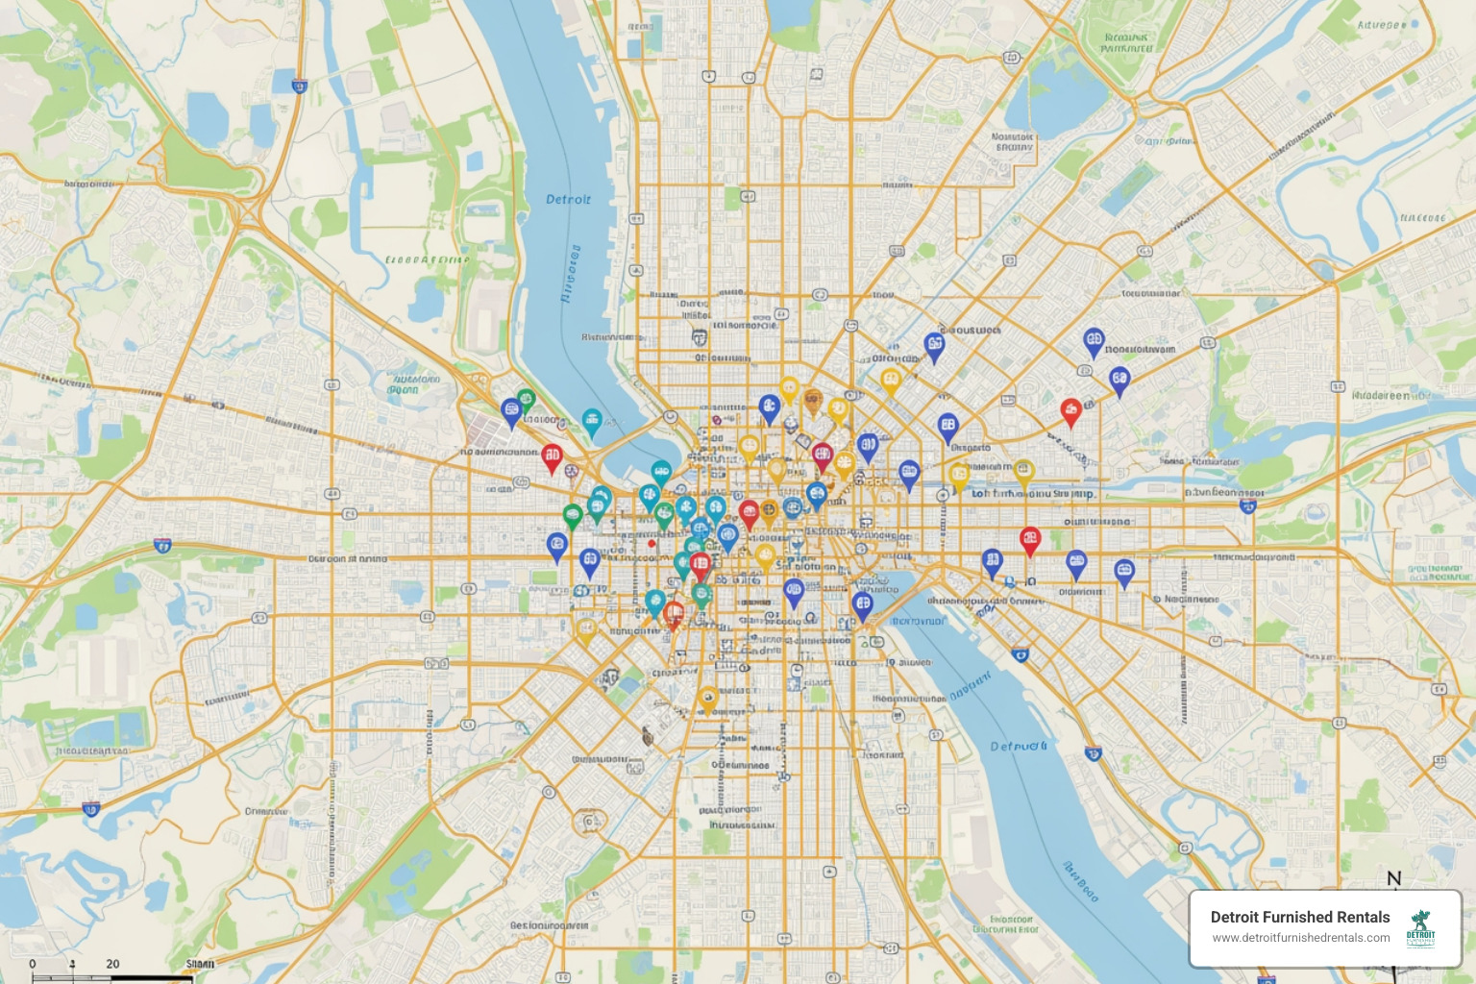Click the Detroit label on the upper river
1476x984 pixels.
[568, 199]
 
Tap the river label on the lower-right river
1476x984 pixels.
[1019, 746]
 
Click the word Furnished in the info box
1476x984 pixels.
[1299, 917]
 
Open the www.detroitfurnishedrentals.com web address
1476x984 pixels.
[1300, 938]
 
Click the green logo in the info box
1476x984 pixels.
[1420, 928]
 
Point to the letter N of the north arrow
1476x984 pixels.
[1393, 878]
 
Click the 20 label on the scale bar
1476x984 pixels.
[112, 963]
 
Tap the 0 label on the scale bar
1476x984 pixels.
[33, 963]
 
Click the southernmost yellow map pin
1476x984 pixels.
[707, 697]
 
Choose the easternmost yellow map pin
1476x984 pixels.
[1023, 471]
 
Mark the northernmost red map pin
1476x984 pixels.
[1070, 410]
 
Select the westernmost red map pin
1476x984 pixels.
[552, 455]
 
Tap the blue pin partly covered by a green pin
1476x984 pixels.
[511, 411]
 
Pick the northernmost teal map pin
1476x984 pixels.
[592, 420]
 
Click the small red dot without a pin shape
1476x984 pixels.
[652, 543]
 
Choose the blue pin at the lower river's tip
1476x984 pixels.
[862, 604]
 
